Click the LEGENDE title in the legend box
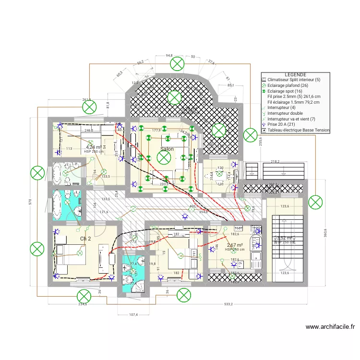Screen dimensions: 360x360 pos(295,75)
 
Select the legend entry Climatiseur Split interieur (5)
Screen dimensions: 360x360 pos(295,80)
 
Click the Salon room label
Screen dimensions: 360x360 pos(168,149)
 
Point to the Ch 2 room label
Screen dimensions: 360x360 pos(86,239)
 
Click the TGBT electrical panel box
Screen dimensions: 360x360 pos(239,228)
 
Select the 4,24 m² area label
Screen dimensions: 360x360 pos(94,147)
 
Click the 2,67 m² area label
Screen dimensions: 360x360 pos(235,245)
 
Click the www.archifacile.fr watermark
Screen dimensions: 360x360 pos(330,327)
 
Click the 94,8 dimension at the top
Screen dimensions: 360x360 pos(169,56)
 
